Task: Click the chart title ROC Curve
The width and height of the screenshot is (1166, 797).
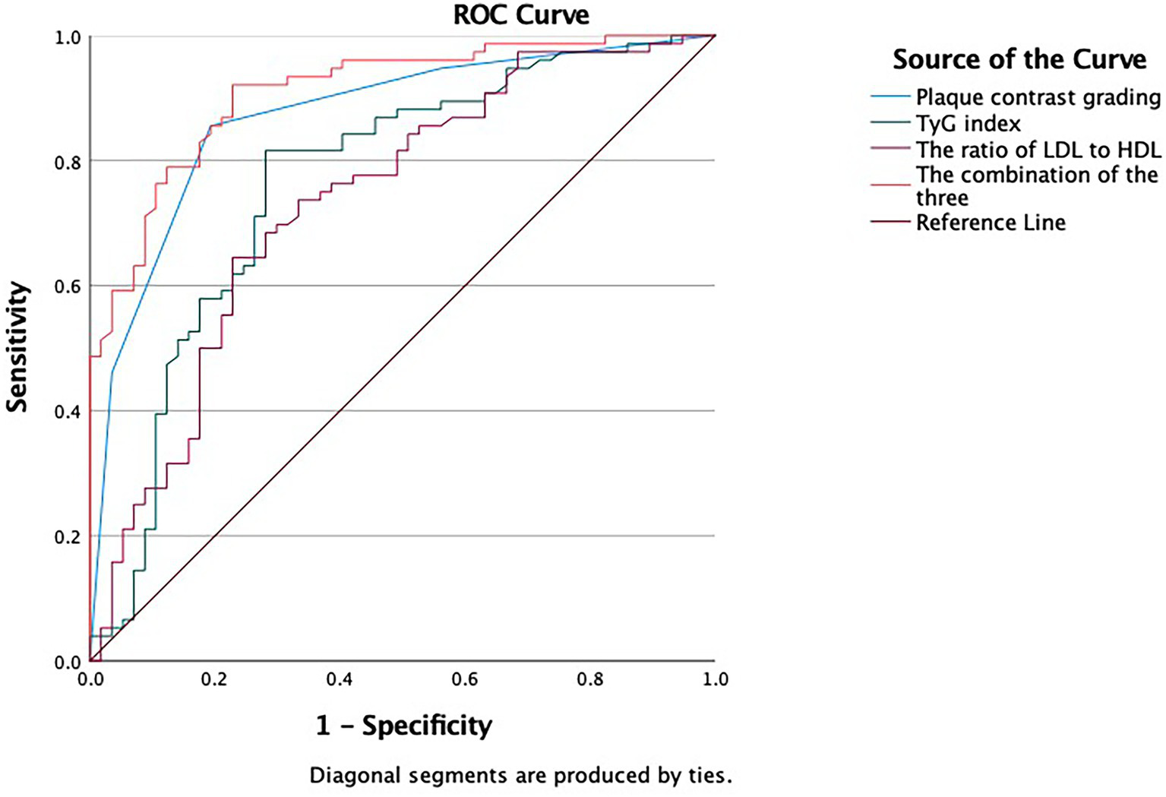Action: tap(521, 15)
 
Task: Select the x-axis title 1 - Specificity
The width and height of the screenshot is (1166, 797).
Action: tap(403, 726)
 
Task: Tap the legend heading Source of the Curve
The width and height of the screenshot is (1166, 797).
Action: tap(1019, 59)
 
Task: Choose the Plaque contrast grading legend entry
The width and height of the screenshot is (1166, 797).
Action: tap(1038, 97)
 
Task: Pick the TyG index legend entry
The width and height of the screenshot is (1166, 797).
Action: tap(968, 123)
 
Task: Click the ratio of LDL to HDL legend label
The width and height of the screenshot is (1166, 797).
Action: tap(1038, 150)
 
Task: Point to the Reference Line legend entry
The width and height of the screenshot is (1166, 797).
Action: tap(991, 223)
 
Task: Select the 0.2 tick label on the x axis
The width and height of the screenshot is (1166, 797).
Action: tap(215, 679)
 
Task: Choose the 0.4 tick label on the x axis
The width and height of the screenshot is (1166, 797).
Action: tap(340, 679)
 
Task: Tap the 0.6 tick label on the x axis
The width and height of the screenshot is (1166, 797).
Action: tap(465, 679)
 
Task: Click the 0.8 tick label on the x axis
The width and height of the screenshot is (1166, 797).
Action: tap(590, 679)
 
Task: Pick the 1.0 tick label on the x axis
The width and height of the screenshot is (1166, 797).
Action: tap(714, 679)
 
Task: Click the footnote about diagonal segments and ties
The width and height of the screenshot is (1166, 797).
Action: tap(520, 776)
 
